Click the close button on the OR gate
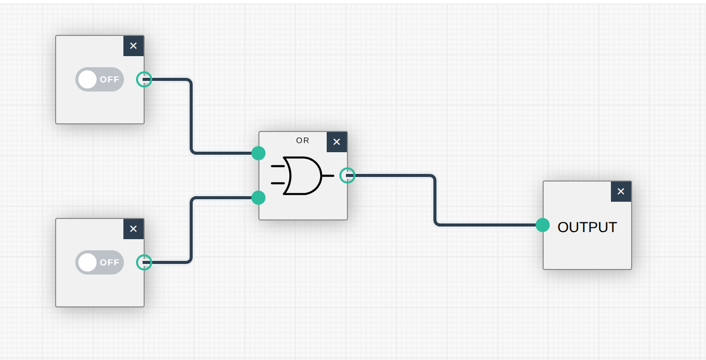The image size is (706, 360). [337, 142]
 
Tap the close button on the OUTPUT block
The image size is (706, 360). [621, 191]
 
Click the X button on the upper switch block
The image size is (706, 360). [134, 46]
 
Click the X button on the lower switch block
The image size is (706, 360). [134, 229]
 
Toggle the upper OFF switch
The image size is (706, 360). [100, 79]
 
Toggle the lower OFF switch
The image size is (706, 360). [100, 262]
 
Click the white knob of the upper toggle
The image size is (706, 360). [87, 79]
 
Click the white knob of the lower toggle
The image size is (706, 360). [87, 262]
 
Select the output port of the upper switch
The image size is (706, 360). [144, 79]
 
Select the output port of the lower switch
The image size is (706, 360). [144, 262]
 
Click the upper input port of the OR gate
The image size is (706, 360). [258, 153]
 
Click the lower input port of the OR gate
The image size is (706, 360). [258, 197]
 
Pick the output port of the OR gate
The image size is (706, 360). [347, 175]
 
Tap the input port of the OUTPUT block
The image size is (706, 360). [543, 224]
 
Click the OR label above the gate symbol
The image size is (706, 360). [302, 141]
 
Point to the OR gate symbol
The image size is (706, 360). [302, 175]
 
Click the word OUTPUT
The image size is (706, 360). [587, 227]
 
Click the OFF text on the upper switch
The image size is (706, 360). [109, 79]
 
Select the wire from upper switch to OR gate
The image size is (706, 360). [191, 116]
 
